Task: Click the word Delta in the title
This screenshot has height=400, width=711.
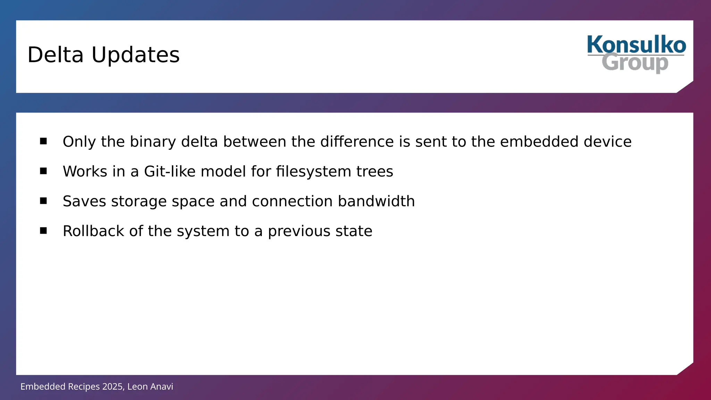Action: click(x=56, y=55)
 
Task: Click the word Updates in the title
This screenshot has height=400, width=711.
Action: click(x=135, y=55)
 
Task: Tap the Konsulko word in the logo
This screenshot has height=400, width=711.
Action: click(x=636, y=45)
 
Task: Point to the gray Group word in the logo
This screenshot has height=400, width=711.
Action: click(x=635, y=62)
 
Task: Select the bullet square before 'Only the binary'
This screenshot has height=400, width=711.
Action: click(x=43, y=141)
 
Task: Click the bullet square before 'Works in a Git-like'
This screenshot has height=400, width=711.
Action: click(x=43, y=171)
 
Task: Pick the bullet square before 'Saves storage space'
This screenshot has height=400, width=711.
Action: click(x=43, y=201)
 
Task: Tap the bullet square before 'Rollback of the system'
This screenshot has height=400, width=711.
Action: click(x=43, y=231)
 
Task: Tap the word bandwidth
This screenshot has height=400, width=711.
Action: click(x=376, y=201)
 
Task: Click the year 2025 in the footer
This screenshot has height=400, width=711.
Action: click(x=112, y=386)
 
